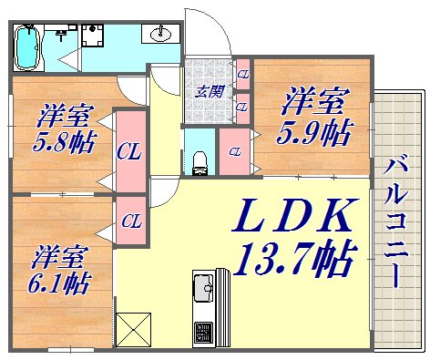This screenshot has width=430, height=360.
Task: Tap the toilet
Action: click(199, 157)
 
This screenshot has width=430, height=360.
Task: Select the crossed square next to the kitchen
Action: click(133, 329)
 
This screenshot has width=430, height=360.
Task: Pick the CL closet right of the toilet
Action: click(235, 151)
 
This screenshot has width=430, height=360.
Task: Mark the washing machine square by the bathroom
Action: click(92, 36)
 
